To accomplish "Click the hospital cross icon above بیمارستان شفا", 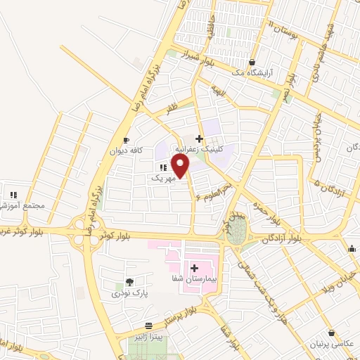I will pos(194,268).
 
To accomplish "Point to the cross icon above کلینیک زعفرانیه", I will pos(200,138).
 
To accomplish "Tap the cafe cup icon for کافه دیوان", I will pos(126,140).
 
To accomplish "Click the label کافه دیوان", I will pos(125,150).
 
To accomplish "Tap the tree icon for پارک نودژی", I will pos(129,282).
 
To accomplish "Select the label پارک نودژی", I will pos(129,292).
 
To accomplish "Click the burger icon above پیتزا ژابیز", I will pos(149,326).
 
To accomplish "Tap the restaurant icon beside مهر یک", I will pos(163,167).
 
